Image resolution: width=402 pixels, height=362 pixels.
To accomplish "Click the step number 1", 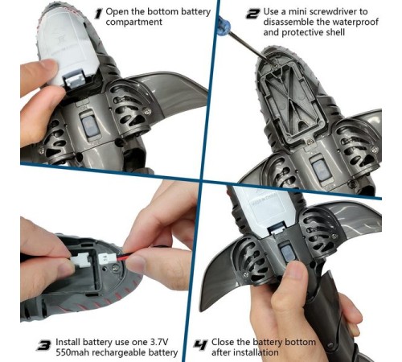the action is tap(99, 14).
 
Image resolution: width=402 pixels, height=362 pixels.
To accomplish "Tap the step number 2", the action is tap(252, 14).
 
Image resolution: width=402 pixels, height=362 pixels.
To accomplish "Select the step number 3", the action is tap(43, 345).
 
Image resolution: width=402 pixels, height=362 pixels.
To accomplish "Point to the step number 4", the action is tap(200, 345).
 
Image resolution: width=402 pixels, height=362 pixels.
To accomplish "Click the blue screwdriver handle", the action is tap(224, 25).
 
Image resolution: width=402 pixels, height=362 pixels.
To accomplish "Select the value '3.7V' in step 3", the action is tap(159, 342).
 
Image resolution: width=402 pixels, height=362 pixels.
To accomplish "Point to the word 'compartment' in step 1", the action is tap(134, 22).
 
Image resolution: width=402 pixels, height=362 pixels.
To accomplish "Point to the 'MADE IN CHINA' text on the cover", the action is tap(263, 202).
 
